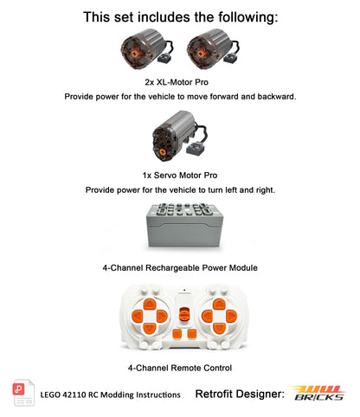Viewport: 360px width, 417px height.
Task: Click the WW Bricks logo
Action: coord(316,394)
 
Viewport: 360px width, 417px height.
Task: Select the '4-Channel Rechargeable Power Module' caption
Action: coord(179,268)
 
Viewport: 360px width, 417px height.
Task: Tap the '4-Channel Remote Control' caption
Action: coord(179,368)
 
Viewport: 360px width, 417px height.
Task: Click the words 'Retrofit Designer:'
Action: coord(240,395)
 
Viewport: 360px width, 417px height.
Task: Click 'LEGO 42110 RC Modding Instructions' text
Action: coord(110,395)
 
